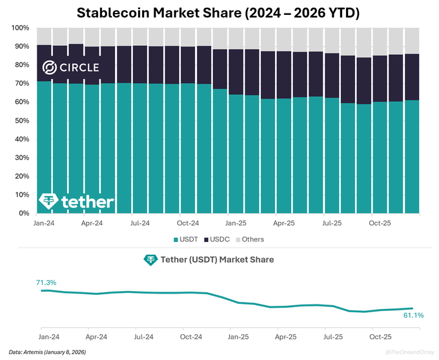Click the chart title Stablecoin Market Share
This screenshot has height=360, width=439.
[219, 12]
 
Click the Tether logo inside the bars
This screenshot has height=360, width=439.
[76, 201]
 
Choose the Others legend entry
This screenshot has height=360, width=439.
[249, 239]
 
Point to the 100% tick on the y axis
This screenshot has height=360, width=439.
[21, 29]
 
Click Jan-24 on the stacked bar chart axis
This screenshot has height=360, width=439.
[44, 223]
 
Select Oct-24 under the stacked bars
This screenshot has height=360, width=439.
[188, 223]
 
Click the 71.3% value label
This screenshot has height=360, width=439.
[46, 283]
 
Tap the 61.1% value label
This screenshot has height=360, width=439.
[413, 315]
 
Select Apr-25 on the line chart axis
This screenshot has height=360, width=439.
[285, 336]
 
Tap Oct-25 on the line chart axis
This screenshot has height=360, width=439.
[380, 336]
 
